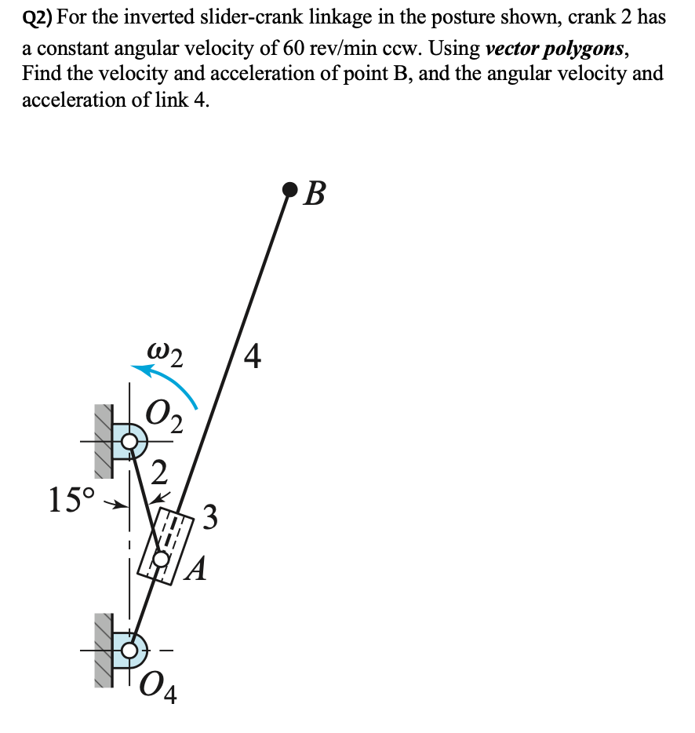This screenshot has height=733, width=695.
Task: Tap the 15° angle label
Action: pos(71,499)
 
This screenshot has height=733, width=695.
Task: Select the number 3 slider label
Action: pos(209,519)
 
